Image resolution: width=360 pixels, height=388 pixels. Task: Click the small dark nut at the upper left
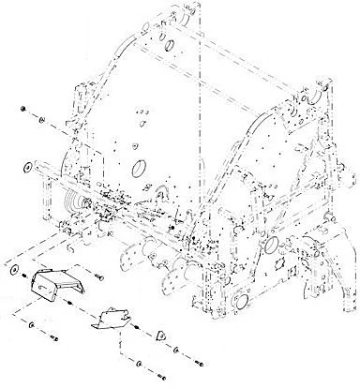pos(21,111)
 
